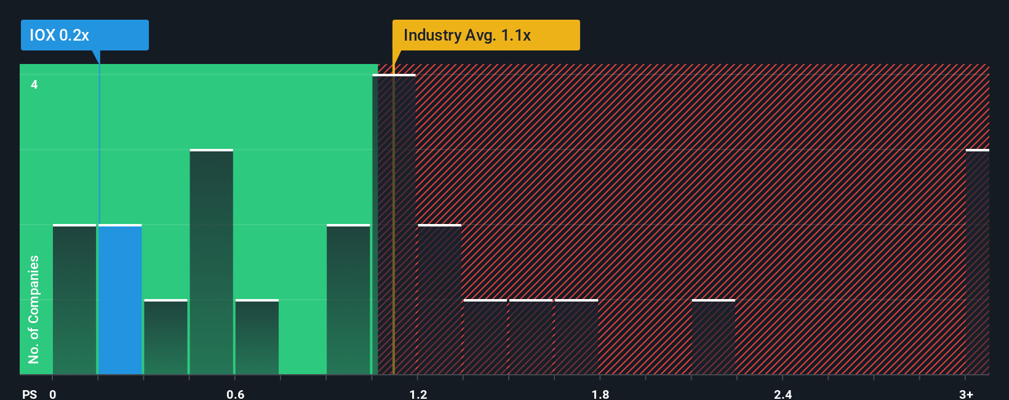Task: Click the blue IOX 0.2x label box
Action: point(84,35)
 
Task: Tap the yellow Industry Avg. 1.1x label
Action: point(485,35)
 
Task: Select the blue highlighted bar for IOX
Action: point(120,300)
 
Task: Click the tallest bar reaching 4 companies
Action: point(394,225)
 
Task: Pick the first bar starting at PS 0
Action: point(74,300)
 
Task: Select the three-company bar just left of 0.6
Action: point(211,262)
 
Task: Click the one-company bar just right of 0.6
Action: point(257,337)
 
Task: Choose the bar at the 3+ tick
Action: point(977,262)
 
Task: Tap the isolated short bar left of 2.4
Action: point(714,337)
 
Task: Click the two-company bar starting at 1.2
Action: point(439,300)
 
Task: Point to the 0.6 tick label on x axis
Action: point(236,394)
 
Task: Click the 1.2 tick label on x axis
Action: point(418,394)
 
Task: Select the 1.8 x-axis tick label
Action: point(600,394)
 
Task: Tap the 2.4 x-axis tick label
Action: point(783,394)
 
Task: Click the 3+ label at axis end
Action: point(966,394)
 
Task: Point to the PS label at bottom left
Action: point(30,394)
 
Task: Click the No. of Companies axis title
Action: point(34,309)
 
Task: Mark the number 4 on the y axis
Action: point(34,84)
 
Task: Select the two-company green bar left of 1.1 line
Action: point(348,300)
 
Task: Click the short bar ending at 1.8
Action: point(576,337)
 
